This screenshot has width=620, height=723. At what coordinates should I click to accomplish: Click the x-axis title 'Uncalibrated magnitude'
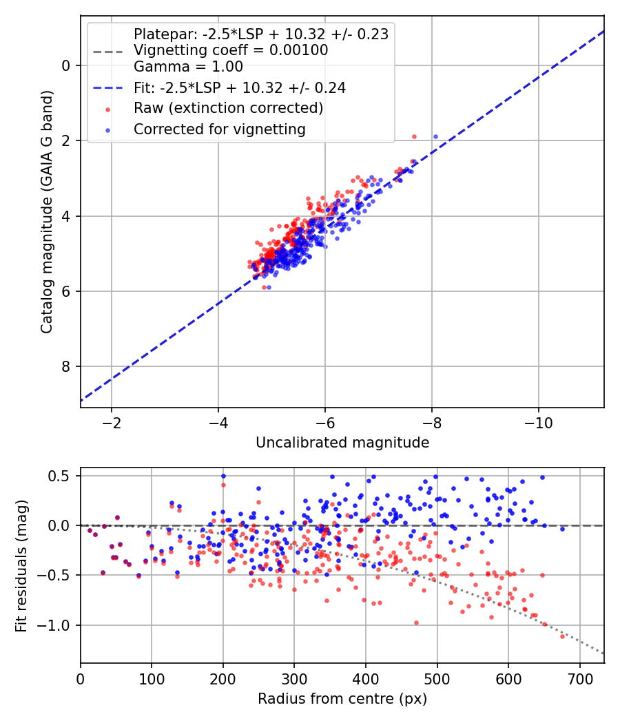[342, 443]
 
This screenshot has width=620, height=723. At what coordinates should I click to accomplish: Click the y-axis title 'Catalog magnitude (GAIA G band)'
[47, 211]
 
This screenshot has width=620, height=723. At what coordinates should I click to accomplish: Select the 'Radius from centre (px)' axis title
[342, 699]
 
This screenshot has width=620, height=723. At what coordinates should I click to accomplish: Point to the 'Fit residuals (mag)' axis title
[21, 566]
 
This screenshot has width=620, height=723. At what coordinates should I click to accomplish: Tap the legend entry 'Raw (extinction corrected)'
[228, 108]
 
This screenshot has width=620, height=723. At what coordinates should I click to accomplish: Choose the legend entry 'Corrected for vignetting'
[220, 129]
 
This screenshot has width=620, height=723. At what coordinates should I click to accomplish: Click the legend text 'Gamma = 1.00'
[188, 67]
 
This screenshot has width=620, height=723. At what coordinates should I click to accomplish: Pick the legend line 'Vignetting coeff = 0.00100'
[231, 50]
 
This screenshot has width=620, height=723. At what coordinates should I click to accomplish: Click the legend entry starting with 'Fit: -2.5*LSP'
[240, 87]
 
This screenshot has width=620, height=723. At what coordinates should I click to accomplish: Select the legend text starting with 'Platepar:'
[261, 34]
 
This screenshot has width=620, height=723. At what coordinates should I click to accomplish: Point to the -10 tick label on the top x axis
[538, 423]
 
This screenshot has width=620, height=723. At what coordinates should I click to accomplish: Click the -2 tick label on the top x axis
[111, 423]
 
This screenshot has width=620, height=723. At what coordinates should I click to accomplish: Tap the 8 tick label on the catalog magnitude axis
[66, 366]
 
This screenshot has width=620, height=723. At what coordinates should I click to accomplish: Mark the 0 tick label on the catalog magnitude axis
[66, 66]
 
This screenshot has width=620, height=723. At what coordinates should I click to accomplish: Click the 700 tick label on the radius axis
[580, 679]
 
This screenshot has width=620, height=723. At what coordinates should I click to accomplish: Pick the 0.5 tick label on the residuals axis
[61, 475]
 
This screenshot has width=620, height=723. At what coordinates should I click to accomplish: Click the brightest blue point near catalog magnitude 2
[435, 136]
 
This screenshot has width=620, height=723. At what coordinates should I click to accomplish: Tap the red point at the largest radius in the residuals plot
[562, 636]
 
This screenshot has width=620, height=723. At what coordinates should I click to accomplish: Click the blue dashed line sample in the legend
[108, 87]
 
